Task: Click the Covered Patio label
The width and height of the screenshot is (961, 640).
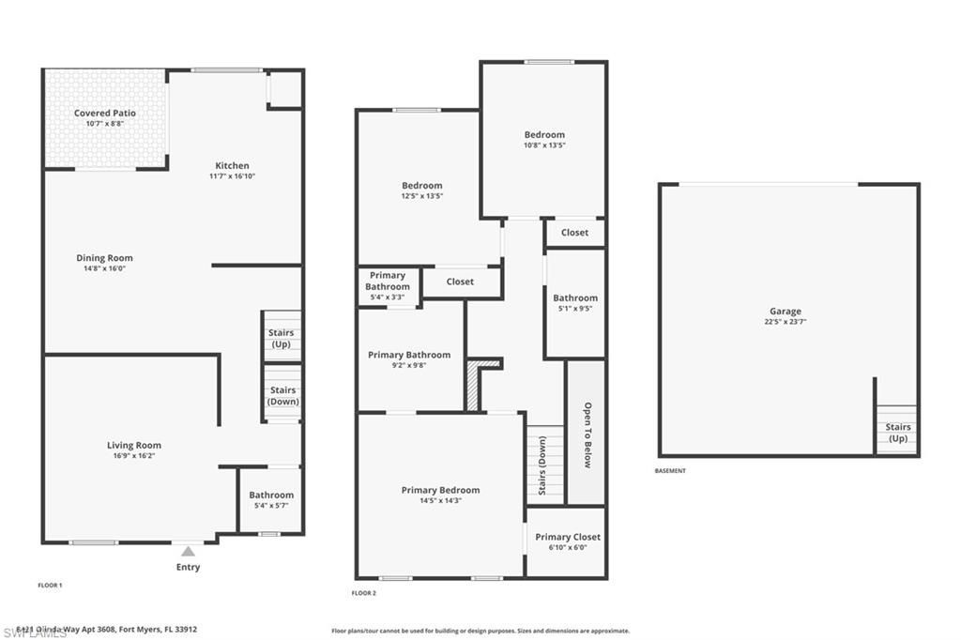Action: tap(105, 113)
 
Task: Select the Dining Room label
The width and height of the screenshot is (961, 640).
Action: tap(104, 258)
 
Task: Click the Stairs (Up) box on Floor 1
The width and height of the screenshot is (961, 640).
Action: tap(282, 337)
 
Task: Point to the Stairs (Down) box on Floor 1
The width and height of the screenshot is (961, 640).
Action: tap(282, 394)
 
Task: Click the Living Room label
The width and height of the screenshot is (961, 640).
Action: tap(133, 446)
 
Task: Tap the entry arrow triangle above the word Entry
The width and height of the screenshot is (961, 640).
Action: tap(188, 551)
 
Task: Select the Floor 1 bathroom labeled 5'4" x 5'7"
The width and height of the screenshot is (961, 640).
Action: tap(270, 499)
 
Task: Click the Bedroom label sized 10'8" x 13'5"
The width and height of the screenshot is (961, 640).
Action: tap(543, 135)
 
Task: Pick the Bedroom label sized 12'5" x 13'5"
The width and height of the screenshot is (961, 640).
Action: tap(421, 186)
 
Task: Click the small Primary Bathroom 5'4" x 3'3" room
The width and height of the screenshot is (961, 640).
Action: tap(387, 286)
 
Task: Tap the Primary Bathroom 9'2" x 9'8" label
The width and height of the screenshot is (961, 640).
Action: tap(409, 355)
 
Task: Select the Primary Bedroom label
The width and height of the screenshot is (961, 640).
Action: tap(440, 490)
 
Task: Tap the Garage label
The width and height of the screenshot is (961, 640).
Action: tap(786, 312)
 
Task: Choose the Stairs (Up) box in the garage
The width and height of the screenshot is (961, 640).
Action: tap(897, 432)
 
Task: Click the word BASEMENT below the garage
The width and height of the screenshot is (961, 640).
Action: tap(670, 471)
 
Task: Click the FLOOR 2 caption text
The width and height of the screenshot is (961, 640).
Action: tap(363, 593)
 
